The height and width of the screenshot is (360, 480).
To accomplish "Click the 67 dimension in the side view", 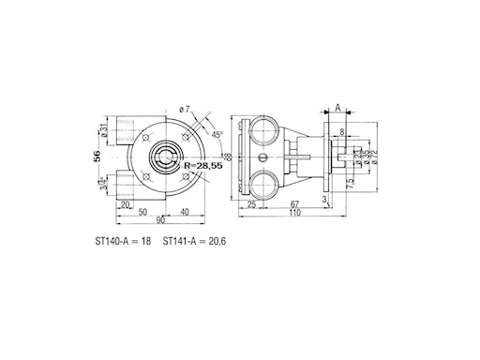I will click(x=295, y=203).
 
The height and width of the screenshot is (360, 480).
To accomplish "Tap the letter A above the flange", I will click(x=337, y=109).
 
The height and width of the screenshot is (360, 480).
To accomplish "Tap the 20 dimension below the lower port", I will click(x=125, y=203).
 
